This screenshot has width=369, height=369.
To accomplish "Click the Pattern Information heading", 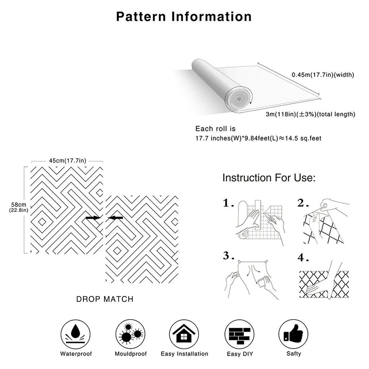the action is pyautogui.click(x=184, y=17).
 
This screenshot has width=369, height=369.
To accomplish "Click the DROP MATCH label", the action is pyautogui.click(x=105, y=299).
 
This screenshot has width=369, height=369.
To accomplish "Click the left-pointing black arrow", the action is pyautogui.click(x=115, y=218).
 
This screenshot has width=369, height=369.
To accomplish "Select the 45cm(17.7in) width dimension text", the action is pyautogui.click(x=68, y=161).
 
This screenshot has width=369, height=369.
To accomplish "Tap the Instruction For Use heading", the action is pyautogui.click(x=269, y=178).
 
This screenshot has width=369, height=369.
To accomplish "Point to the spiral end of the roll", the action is pyautogui.click(x=238, y=99).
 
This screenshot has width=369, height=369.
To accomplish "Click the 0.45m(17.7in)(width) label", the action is pyautogui.click(x=323, y=75).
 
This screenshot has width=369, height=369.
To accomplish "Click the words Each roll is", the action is pyautogui.click(x=215, y=129).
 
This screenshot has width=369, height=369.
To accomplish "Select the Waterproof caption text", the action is pyautogui.click(x=76, y=354).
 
